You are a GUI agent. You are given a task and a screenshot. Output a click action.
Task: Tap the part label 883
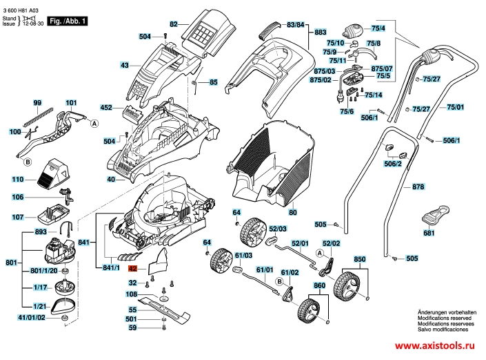point(321,32)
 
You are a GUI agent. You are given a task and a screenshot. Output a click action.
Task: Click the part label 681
point(429,234)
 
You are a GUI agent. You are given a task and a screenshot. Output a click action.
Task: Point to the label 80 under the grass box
point(292,213)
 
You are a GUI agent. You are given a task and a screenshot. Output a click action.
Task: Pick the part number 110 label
point(18,179)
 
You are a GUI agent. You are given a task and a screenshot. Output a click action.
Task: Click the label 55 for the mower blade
point(133,310)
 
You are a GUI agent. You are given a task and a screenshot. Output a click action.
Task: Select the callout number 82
point(174,24)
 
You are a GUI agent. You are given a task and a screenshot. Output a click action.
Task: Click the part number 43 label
point(125,66)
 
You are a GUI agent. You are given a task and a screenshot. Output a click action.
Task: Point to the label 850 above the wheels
point(359,259)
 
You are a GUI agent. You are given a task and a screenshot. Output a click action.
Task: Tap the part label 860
point(319,285)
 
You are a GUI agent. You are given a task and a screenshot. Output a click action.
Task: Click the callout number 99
point(37,102)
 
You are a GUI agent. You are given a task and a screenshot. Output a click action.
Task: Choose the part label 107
point(18,216)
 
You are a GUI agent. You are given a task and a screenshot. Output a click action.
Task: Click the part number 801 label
point(10,263)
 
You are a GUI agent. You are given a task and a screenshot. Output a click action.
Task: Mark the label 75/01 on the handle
point(456,107)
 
